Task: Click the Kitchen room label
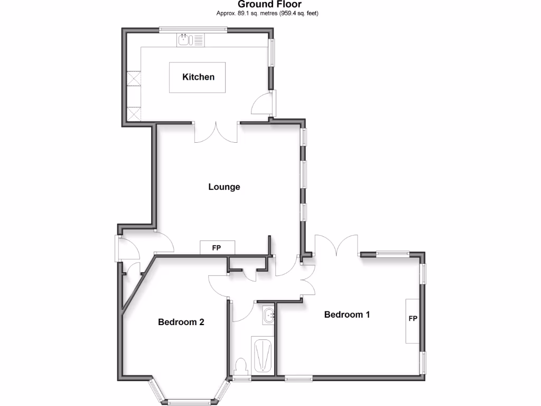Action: point(198,77)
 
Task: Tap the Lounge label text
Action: point(224,187)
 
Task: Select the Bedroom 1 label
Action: point(347,315)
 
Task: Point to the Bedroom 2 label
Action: point(181,322)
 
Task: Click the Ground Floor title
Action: point(269,5)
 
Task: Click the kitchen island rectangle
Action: point(197,77)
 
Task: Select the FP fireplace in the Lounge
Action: point(217,247)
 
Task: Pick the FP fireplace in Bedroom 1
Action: point(413,321)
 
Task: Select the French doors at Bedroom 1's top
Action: point(337,245)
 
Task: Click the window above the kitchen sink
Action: point(194,30)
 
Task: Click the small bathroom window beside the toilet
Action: point(242,379)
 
